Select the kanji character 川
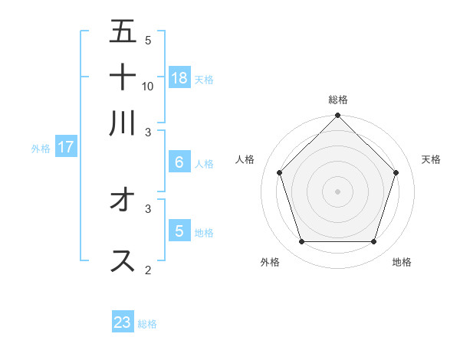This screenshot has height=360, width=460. point(123,123)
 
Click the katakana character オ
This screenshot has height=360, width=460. point(123,199)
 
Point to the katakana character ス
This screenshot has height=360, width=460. point(123,260)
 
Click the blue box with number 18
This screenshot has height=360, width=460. point(179,77)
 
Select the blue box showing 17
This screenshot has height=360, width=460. point(66,147)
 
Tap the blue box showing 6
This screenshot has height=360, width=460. point(179,162)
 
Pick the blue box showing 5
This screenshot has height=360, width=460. point(179,231)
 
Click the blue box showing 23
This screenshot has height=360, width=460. point(123,322)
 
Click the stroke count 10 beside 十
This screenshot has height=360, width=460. point(148,86)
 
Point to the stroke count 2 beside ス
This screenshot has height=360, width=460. point(148,270)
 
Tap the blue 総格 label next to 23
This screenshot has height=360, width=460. point(147,324)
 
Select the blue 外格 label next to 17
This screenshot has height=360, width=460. point(41,149)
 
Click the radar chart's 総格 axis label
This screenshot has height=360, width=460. point(338,100)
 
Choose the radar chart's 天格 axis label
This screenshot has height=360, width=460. point(431,159)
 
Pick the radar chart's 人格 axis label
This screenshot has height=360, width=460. point(245,159)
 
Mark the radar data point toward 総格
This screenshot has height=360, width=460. point(338,116)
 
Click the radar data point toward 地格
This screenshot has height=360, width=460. point(374,242)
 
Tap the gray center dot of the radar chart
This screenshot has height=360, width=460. point(338,191)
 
